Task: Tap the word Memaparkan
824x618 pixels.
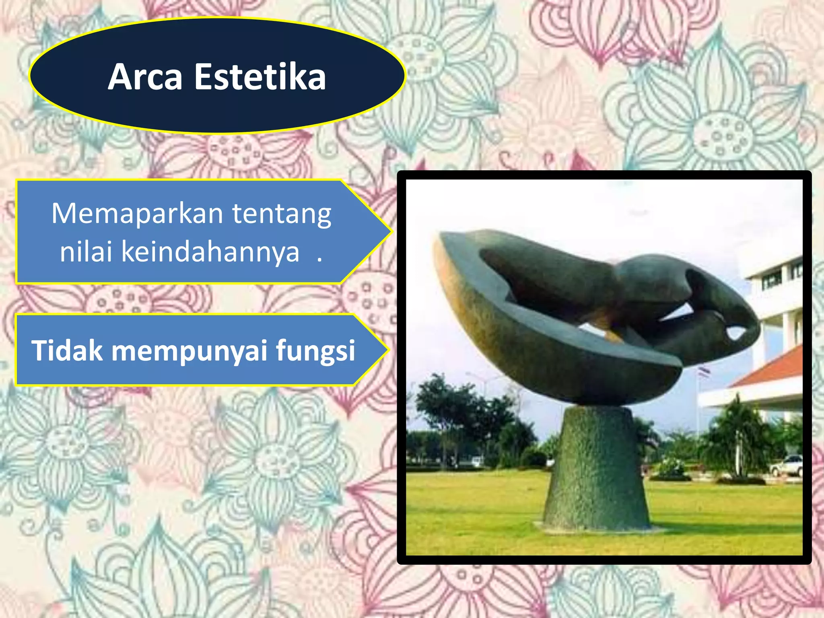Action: pos(137,214)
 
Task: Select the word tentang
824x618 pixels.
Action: pos(282,214)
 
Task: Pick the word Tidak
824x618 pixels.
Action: pos(67,350)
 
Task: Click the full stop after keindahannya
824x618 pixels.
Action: pos(319,260)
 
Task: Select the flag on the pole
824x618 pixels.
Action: pos(704,371)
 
